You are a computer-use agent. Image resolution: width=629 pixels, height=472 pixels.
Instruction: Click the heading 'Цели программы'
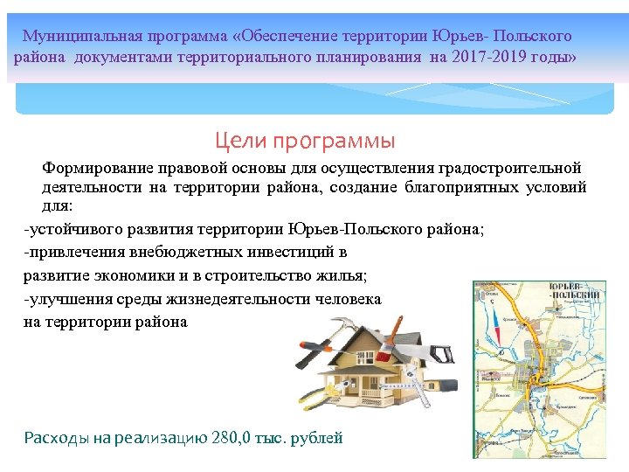coord(305,141)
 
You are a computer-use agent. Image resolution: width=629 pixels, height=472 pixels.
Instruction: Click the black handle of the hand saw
coord(441,354)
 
